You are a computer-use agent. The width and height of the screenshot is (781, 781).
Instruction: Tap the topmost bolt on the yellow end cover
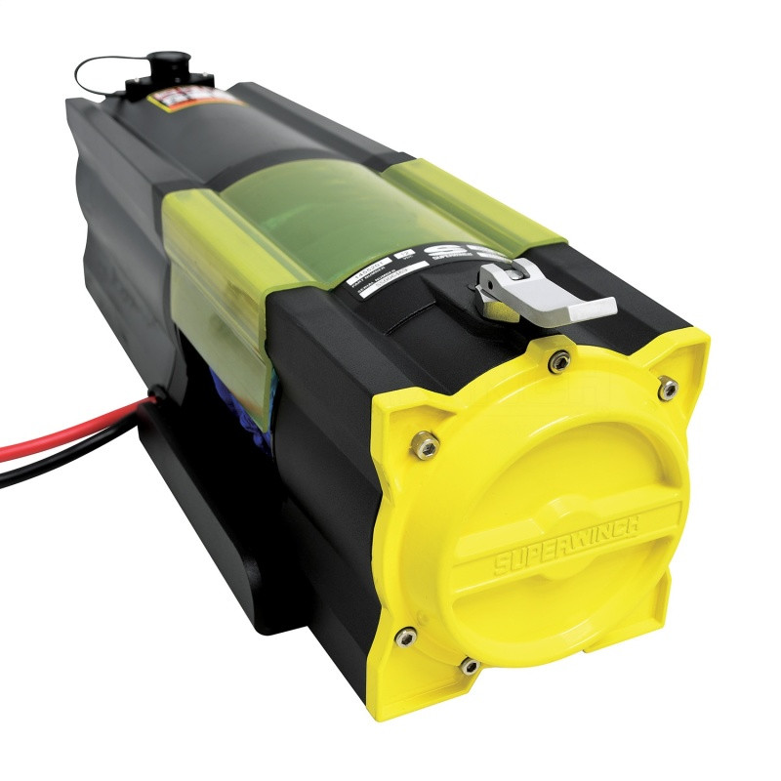pos(559,362)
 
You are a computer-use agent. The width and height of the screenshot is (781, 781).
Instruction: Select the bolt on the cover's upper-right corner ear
pos(668,389)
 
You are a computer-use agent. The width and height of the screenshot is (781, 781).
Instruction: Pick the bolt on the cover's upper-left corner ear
pos(428,445)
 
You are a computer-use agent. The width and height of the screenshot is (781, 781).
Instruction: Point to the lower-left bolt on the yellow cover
pos(405,637)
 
